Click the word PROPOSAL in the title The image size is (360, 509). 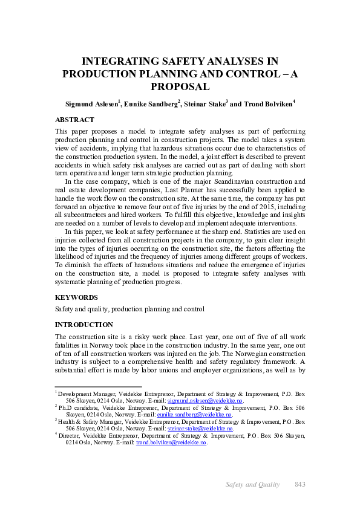(180, 86)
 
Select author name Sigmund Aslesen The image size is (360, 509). (91, 104)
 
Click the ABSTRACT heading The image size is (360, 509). (74, 120)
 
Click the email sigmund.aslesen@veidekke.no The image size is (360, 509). (205, 401)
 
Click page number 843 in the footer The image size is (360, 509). (299, 484)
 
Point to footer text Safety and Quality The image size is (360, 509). (253, 484)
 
